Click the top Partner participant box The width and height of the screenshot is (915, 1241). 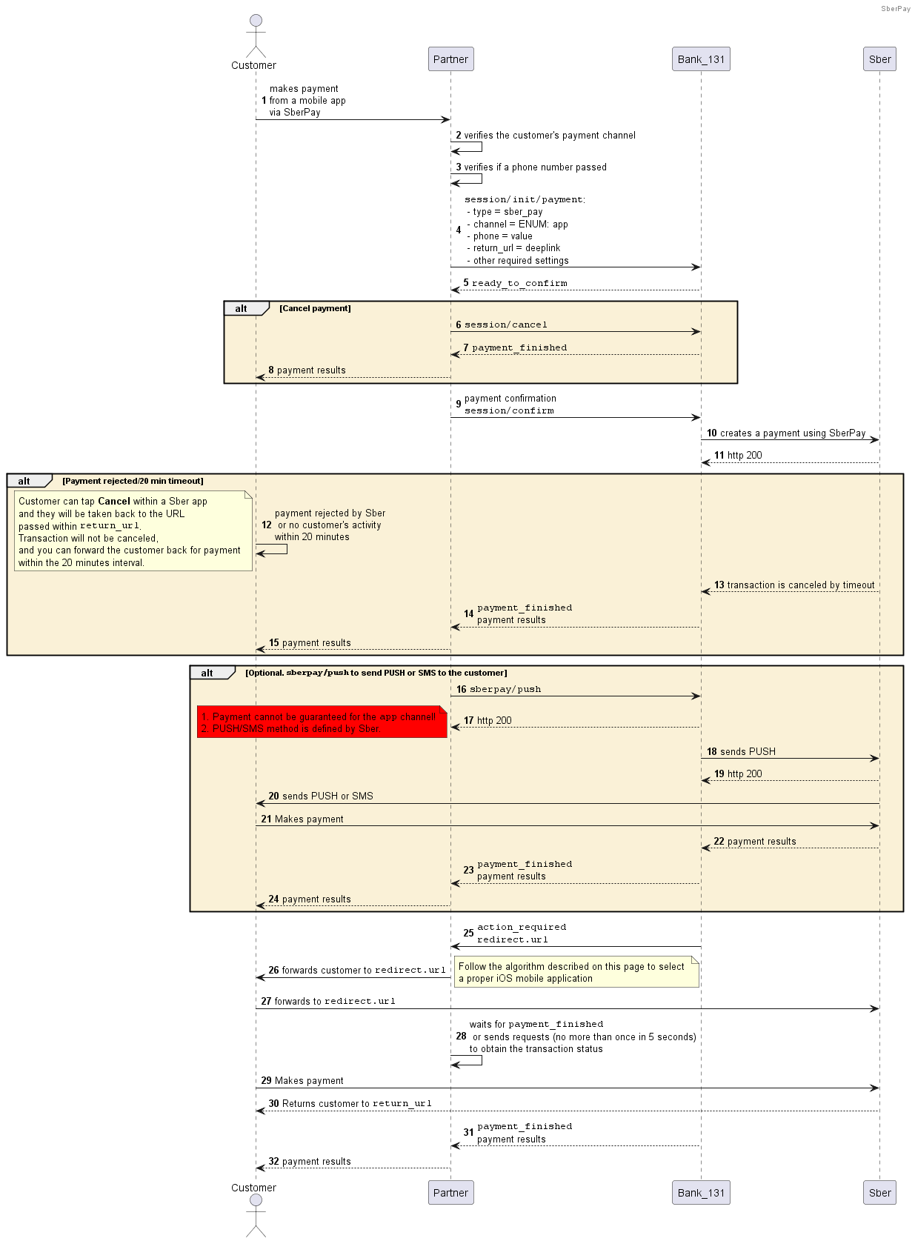450,59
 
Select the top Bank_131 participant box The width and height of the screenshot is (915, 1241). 701,59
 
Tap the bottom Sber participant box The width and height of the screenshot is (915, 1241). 879,1192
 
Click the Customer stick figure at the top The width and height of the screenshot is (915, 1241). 256,36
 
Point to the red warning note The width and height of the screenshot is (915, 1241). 322,722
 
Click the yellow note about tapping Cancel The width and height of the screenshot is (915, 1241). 133,530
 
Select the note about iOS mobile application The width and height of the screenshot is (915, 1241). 576,972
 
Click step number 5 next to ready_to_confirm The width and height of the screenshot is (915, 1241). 466,282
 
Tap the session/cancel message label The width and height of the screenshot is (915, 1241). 505,325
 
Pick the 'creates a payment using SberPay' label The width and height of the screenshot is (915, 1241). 793,433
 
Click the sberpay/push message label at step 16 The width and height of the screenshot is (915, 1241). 505,689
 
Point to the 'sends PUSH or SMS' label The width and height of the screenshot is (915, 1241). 327,796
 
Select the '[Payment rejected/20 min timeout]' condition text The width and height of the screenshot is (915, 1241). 133,481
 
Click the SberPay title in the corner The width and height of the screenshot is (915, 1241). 896,8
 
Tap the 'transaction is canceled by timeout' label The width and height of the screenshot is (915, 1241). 800,585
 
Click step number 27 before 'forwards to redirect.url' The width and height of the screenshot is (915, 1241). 266,1001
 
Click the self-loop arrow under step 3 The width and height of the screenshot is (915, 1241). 466,179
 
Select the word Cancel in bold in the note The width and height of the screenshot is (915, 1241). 114,502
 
